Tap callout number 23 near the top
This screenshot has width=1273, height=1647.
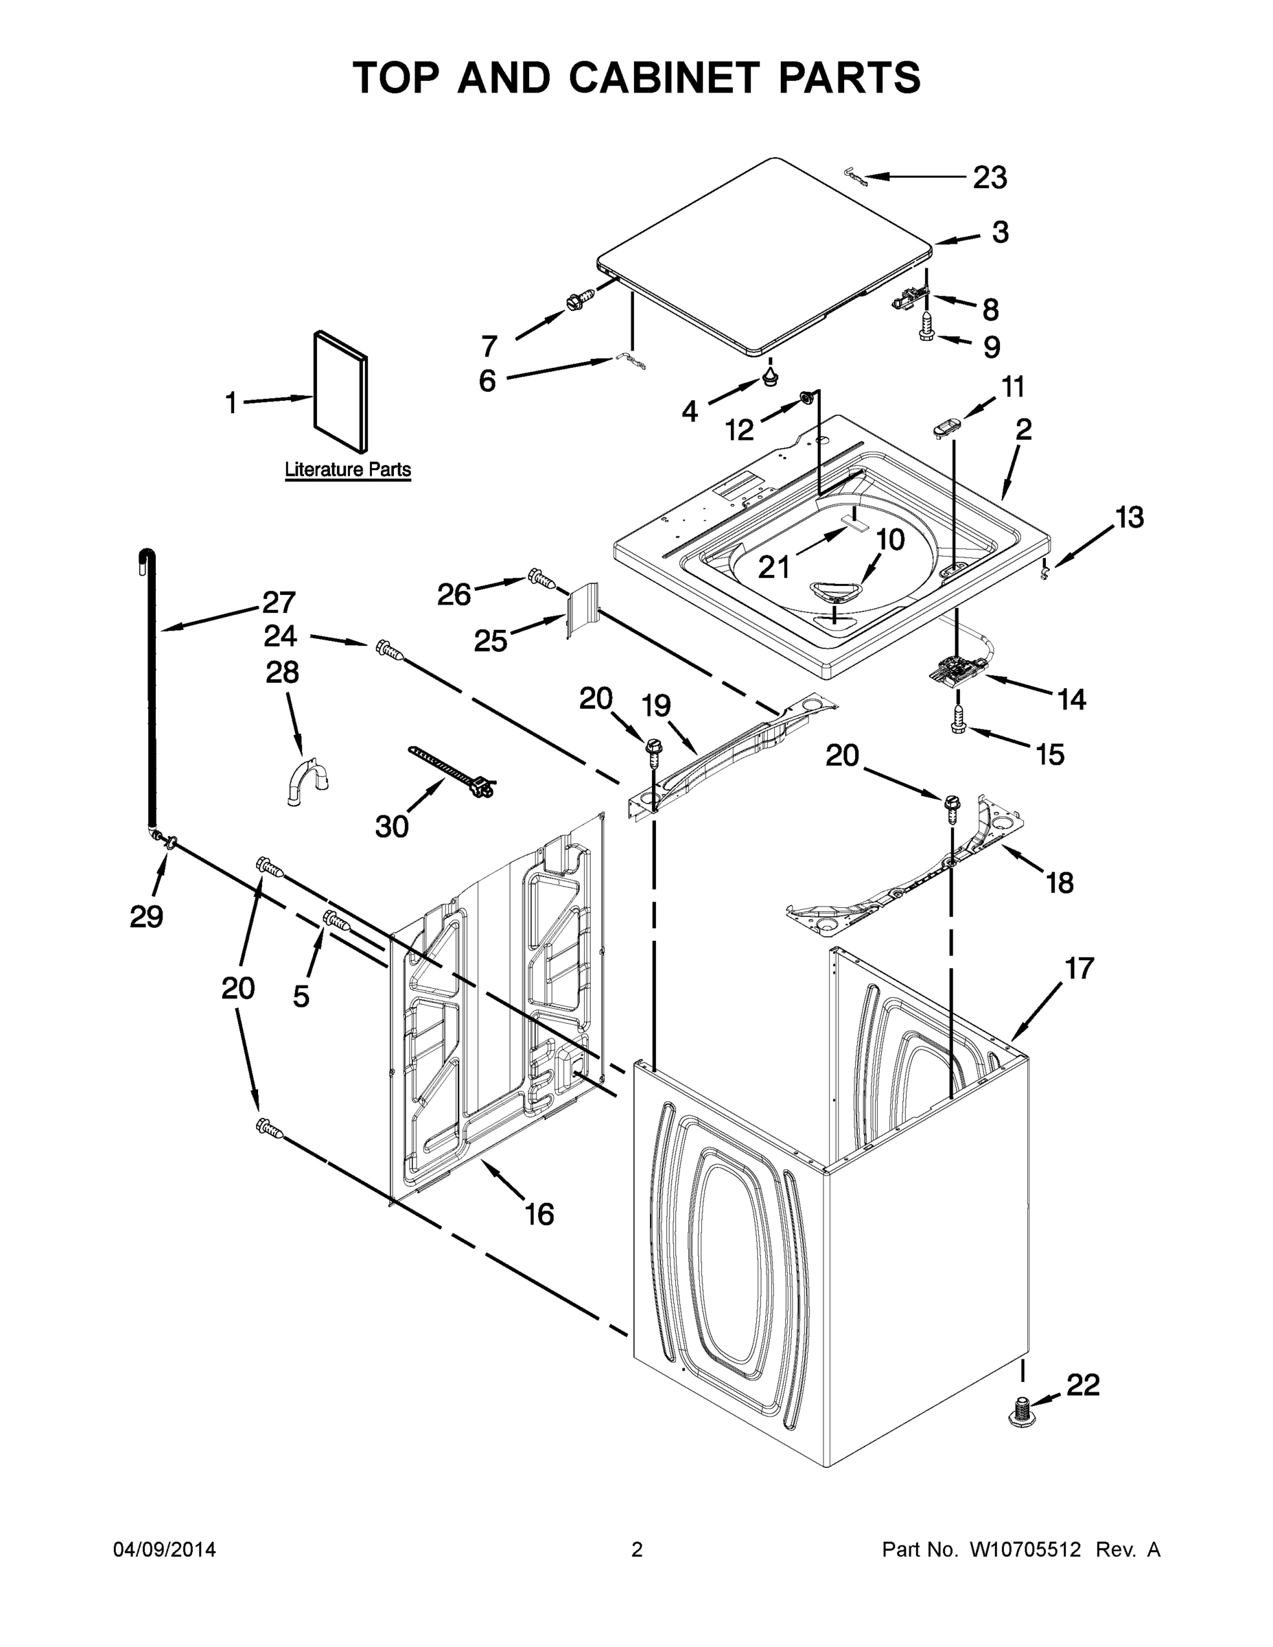click(990, 178)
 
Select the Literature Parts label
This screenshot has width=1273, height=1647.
click(348, 469)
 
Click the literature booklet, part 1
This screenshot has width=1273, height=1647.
click(341, 392)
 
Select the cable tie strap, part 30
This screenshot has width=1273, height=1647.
click(450, 771)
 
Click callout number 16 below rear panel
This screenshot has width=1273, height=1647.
click(539, 1214)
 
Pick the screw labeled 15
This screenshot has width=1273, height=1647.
click(959, 718)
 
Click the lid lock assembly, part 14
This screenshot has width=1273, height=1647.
click(956, 670)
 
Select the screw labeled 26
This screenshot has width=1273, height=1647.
click(542, 579)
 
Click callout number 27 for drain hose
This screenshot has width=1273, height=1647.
click(279, 602)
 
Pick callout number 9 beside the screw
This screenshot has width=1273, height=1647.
click(992, 347)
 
